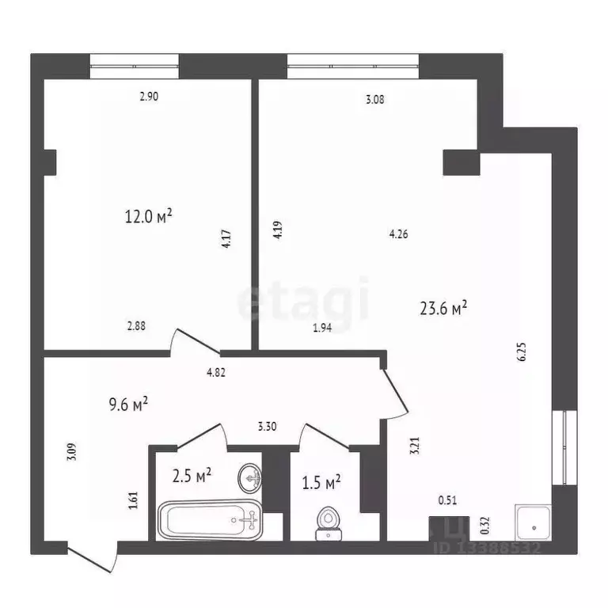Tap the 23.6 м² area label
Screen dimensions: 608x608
pyautogui.click(x=443, y=308)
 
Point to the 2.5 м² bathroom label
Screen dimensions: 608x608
pyautogui.click(x=192, y=476)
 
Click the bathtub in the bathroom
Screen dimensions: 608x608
pyautogui.click(x=210, y=520)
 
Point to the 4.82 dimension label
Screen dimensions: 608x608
pyautogui.click(x=216, y=373)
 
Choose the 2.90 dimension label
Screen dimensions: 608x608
pyautogui.click(x=149, y=97)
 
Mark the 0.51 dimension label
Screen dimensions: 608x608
pyautogui.click(x=447, y=500)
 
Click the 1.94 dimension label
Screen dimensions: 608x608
pyautogui.click(x=322, y=327)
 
